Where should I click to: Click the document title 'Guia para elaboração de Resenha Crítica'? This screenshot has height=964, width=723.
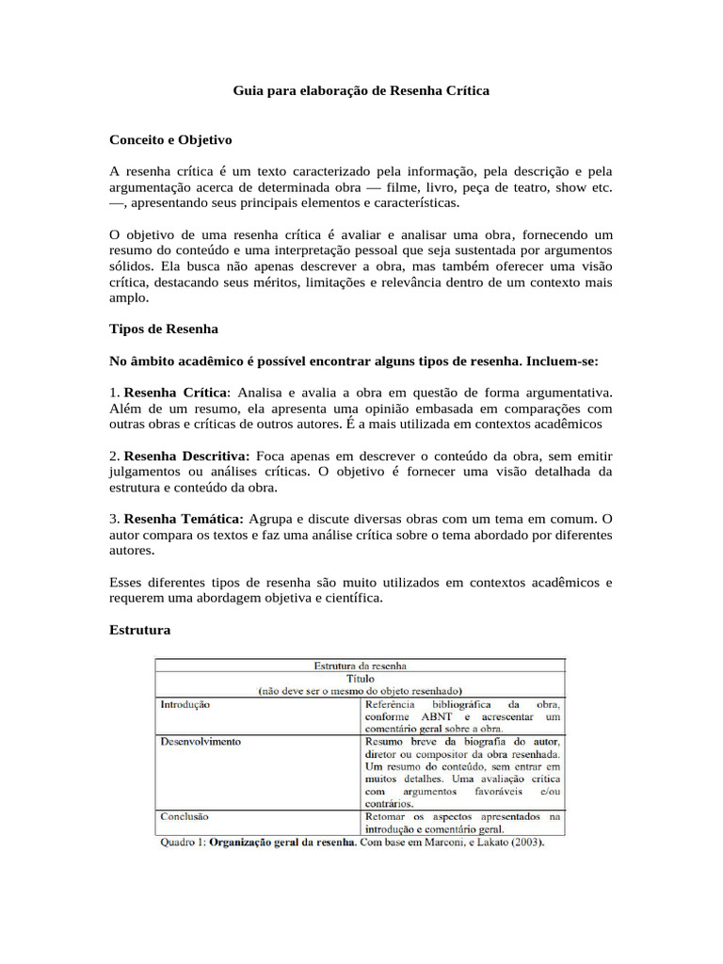pyautogui.click(x=361, y=91)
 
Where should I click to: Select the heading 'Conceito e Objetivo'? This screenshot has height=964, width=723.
pyautogui.click(x=170, y=139)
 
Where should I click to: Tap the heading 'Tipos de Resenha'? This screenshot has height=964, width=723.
pyautogui.click(x=164, y=329)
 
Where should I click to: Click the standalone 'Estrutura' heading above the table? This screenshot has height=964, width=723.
pyautogui.click(x=140, y=630)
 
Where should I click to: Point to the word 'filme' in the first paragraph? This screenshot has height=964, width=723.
pyautogui.click(x=420, y=186)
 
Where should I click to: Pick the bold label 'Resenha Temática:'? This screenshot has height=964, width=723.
pyautogui.click(x=184, y=519)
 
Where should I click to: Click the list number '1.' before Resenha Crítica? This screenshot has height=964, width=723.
pyautogui.click(x=116, y=392)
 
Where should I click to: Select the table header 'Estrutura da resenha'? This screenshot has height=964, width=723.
pyautogui.click(x=360, y=665)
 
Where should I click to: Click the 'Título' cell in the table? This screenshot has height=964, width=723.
pyautogui.click(x=360, y=678)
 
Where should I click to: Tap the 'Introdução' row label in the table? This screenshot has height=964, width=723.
pyautogui.click(x=185, y=703)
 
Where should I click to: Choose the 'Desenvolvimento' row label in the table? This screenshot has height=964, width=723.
pyautogui.click(x=200, y=742)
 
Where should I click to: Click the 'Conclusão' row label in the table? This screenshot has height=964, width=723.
pyautogui.click(x=184, y=817)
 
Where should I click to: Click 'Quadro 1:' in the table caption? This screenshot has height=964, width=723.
pyautogui.click(x=181, y=843)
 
